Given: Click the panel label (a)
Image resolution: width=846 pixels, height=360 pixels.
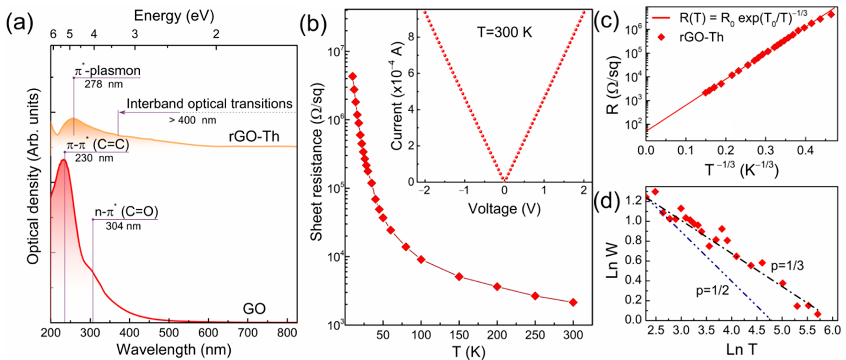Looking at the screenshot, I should [x=20, y=24].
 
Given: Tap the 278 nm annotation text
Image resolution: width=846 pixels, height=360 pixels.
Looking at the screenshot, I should [x=104, y=84].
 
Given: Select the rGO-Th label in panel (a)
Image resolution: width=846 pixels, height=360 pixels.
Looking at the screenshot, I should [x=254, y=136].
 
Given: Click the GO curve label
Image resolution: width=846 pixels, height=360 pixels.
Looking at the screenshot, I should [x=254, y=309].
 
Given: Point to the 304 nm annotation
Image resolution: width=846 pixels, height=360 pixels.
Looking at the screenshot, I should [x=123, y=226].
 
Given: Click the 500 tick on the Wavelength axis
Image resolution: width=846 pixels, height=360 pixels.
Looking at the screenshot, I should [x=169, y=333].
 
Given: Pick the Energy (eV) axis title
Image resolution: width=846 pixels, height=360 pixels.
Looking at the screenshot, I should [x=174, y=16].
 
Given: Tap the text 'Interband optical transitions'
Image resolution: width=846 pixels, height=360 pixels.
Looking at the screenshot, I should [x=210, y=104].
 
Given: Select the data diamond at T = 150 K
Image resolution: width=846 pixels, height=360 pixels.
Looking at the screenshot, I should [x=459, y=277].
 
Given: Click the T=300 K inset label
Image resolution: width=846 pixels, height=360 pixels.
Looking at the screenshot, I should [x=504, y=33].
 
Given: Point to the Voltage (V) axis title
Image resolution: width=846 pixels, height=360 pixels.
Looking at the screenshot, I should [x=504, y=209].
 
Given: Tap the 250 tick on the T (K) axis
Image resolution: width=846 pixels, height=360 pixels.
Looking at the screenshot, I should [x=535, y=335].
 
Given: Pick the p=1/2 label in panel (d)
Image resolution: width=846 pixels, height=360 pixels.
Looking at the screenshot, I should [x=712, y=291].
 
